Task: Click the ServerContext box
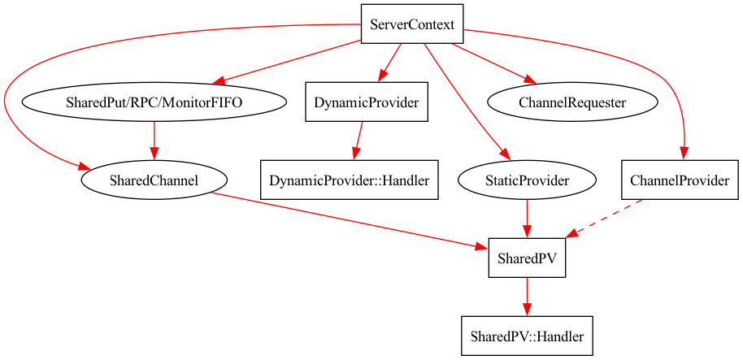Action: coord(411,24)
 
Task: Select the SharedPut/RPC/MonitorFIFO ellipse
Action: coord(154,102)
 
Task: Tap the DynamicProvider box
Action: coord(367,102)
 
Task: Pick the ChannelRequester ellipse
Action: coord(572,102)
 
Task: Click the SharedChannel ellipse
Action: coord(154,180)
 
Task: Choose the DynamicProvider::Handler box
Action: coord(350,180)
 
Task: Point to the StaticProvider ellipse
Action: coord(528,180)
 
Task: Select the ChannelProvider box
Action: coord(680,180)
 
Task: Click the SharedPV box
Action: coord(527,258)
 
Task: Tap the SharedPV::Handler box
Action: coord(527,335)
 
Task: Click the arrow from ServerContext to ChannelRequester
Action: coord(493,63)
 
